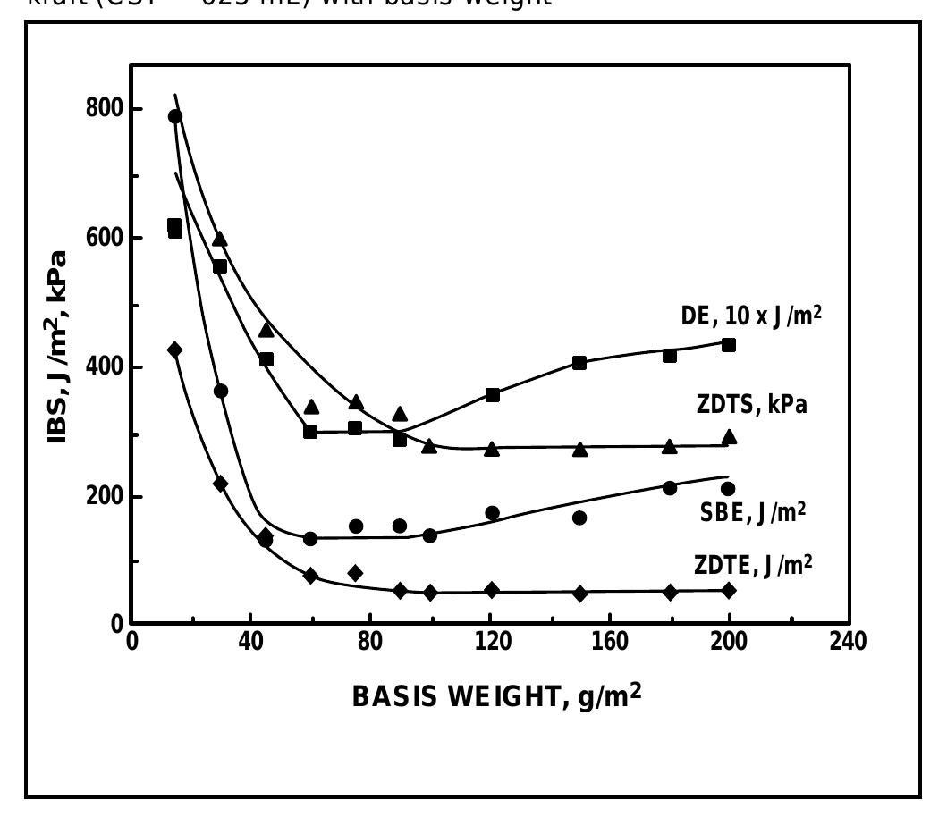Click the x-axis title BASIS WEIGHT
[x=496, y=695]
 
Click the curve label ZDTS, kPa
[x=751, y=405]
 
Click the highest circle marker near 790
[x=175, y=116]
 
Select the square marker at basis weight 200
[x=729, y=345]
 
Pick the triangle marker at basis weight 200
[x=729, y=436]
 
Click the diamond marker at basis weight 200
[x=729, y=590]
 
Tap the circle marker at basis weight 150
[x=579, y=518]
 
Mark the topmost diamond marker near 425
[x=174, y=350]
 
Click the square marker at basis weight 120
[x=492, y=394]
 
